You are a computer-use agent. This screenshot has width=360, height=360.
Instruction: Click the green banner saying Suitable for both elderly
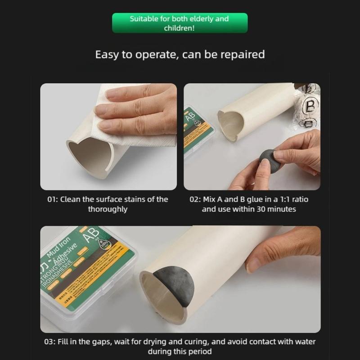[180, 23]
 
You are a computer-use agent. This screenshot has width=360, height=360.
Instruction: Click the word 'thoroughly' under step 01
[108, 209]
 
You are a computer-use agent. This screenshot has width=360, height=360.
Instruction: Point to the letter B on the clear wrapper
[311, 107]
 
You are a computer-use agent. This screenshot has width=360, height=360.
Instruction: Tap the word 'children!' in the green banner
[180, 28]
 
